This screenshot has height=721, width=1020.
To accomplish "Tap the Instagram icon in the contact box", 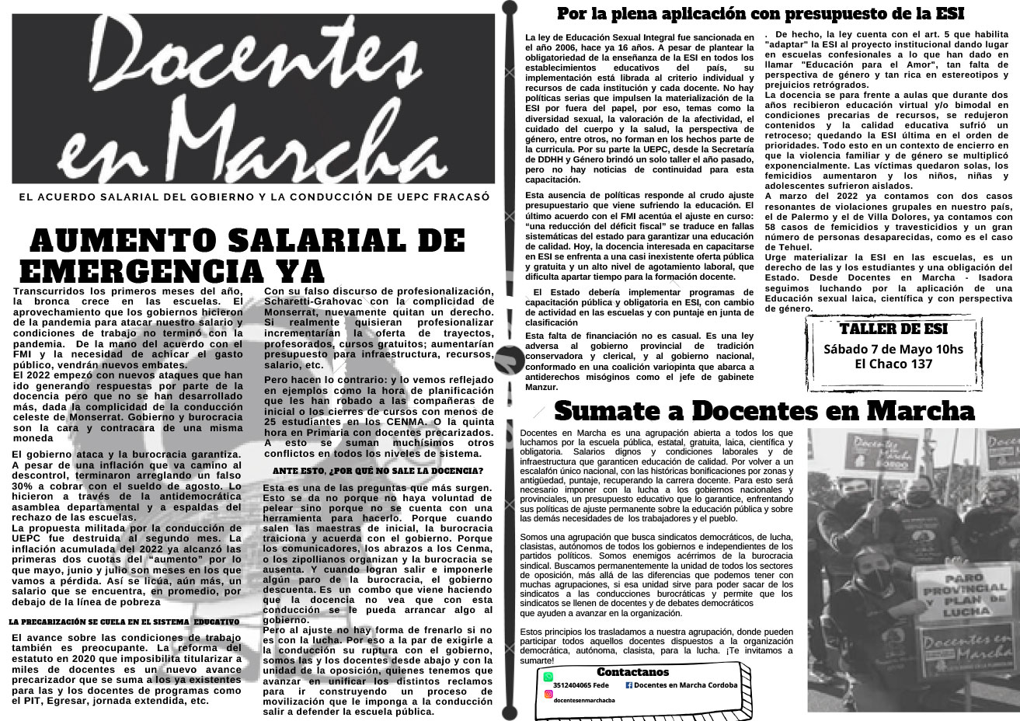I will click(548, 701).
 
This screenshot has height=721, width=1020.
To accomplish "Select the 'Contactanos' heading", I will click(632, 671).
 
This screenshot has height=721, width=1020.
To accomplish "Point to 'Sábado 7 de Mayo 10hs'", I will click(893, 349).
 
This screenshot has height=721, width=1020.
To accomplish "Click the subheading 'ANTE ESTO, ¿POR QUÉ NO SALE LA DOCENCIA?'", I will click(378, 471).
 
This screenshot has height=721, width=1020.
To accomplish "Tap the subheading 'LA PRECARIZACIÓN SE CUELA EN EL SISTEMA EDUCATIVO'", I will click(124, 622).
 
